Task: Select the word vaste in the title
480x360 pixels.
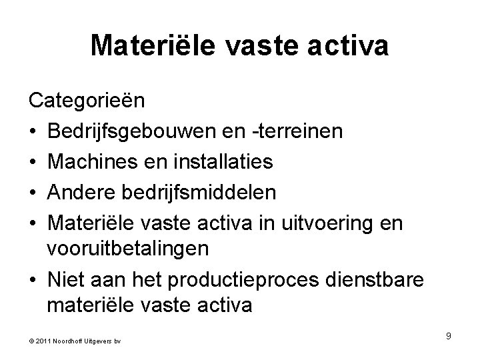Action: pyautogui.click(x=262, y=45)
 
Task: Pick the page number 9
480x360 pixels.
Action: pyautogui.click(x=449, y=336)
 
